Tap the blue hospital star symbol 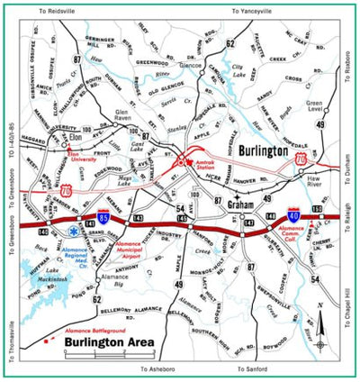pyautogui.click(x=73, y=232)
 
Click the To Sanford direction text pyautogui.click(x=256, y=368)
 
